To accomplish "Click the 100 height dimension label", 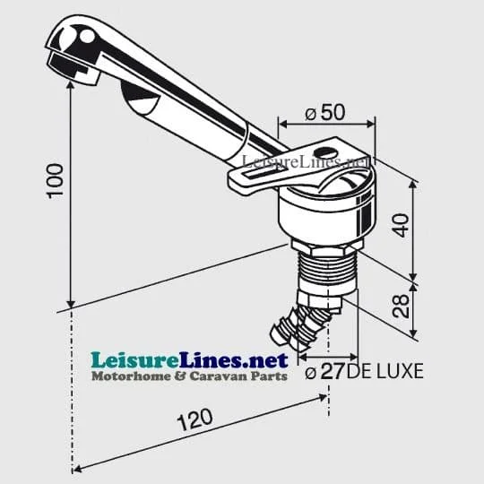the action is pyautogui.click(x=56, y=181).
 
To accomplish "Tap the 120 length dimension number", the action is pyautogui.click(x=194, y=419).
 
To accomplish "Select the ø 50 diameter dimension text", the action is pyautogui.click(x=325, y=112).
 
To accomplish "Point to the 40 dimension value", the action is pyautogui.click(x=402, y=225).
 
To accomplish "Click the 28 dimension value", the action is pyautogui.click(x=401, y=306).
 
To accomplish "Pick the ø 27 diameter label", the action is pyautogui.click(x=324, y=371).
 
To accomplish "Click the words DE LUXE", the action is pyautogui.click(x=385, y=371).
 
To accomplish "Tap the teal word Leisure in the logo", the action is pyautogui.click(x=134, y=360).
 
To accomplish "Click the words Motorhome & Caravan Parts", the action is pyautogui.click(x=189, y=376).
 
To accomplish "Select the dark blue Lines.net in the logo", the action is pyautogui.click(x=234, y=360).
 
